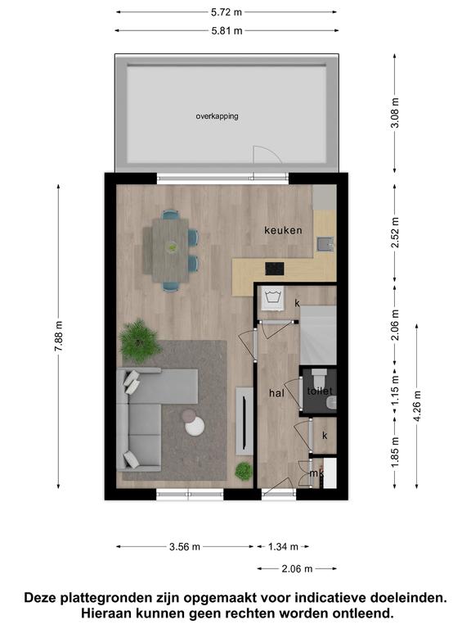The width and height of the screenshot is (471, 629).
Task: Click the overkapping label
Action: point(217,116)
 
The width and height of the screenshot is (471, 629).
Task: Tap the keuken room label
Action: point(283,230)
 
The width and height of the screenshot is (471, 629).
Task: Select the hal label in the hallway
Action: point(276,393)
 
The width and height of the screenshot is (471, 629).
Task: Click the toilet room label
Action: point(320,391)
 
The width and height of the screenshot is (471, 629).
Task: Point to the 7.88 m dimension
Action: point(59,336)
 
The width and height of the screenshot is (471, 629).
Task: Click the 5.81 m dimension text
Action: point(227,31)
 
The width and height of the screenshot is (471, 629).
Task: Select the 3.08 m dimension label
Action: point(395,113)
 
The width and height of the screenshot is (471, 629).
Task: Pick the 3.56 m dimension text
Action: point(185,547)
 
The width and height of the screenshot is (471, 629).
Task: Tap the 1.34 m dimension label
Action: point(283,547)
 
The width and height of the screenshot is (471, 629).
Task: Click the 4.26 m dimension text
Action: point(417,405)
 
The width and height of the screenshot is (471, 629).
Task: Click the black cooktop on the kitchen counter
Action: point(275,269)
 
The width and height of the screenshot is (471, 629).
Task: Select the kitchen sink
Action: point(325,244)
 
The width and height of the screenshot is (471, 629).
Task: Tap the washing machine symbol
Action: point(273,298)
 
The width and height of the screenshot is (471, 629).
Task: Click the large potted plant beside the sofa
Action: point(139,341)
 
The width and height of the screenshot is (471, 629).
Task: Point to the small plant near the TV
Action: point(244,471)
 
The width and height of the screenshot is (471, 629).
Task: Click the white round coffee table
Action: point(195,427)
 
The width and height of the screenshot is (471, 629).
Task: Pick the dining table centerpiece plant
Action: point(173,247)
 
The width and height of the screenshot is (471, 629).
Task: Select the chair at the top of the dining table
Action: point(171,215)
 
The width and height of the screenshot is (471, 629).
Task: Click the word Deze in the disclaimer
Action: point(41,598)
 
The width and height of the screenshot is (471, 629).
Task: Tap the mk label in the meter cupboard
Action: point(316,473)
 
